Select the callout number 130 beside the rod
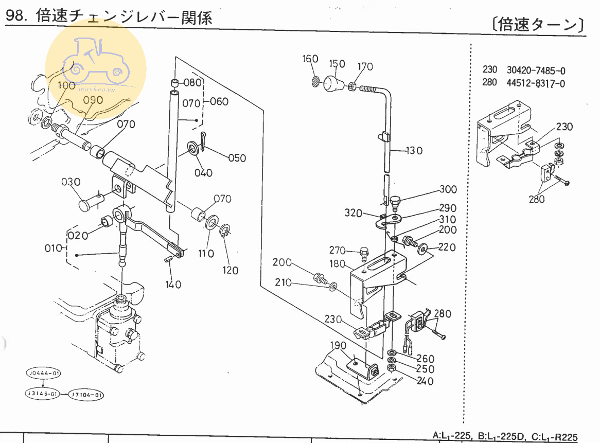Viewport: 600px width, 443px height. pos(414,151)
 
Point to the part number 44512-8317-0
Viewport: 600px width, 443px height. pos(535,83)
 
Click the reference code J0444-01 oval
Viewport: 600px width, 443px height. pos(43,373)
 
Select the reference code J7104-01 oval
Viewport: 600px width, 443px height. pos(86,395)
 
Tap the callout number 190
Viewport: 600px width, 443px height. pos(338,345)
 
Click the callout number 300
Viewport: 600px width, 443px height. pos(448,189)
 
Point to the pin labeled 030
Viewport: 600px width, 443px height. pos(88,202)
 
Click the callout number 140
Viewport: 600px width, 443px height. pos(173,284)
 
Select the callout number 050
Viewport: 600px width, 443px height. pos(237,158)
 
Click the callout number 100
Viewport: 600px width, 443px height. pos(66,85)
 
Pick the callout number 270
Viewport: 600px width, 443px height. pos(338,251)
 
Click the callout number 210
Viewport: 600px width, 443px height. pos(284,282)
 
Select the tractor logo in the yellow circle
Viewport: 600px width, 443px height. pos(95,63)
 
